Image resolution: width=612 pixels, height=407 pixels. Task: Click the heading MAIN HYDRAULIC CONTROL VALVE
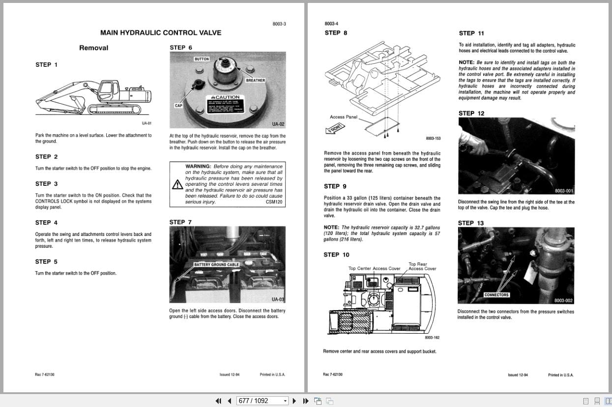tap(160, 33)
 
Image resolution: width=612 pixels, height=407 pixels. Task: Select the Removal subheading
tap(93, 48)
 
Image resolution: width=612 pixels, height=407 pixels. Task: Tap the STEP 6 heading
tap(181, 48)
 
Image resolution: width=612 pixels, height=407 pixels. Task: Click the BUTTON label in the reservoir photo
tap(202, 59)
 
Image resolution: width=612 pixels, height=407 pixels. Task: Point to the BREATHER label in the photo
tap(255, 80)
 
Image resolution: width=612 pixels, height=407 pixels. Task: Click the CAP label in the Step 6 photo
tap(178, 106)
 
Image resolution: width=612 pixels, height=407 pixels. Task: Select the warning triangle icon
tap(177, 184)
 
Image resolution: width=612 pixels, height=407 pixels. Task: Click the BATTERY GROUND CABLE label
tap(216, 264)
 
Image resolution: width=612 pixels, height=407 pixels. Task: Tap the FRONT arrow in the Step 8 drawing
tap(335, 128)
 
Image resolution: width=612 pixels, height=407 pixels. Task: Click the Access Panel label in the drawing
tap(344, 117)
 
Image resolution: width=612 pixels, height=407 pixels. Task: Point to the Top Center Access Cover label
tap(374, 268)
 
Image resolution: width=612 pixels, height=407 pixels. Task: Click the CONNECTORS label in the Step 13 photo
tap(496, 295)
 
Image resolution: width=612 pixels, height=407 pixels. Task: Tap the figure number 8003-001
tap(564, 191)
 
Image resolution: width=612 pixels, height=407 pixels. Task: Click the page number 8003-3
tap(279, 24)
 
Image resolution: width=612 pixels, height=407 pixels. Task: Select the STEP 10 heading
tap(336, 255)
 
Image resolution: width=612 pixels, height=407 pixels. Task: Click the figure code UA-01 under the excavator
tap(146, 123)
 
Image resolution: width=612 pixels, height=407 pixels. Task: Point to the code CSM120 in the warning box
tap(274, 202)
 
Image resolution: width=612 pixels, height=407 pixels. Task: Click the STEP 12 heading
tap(471, 114)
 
